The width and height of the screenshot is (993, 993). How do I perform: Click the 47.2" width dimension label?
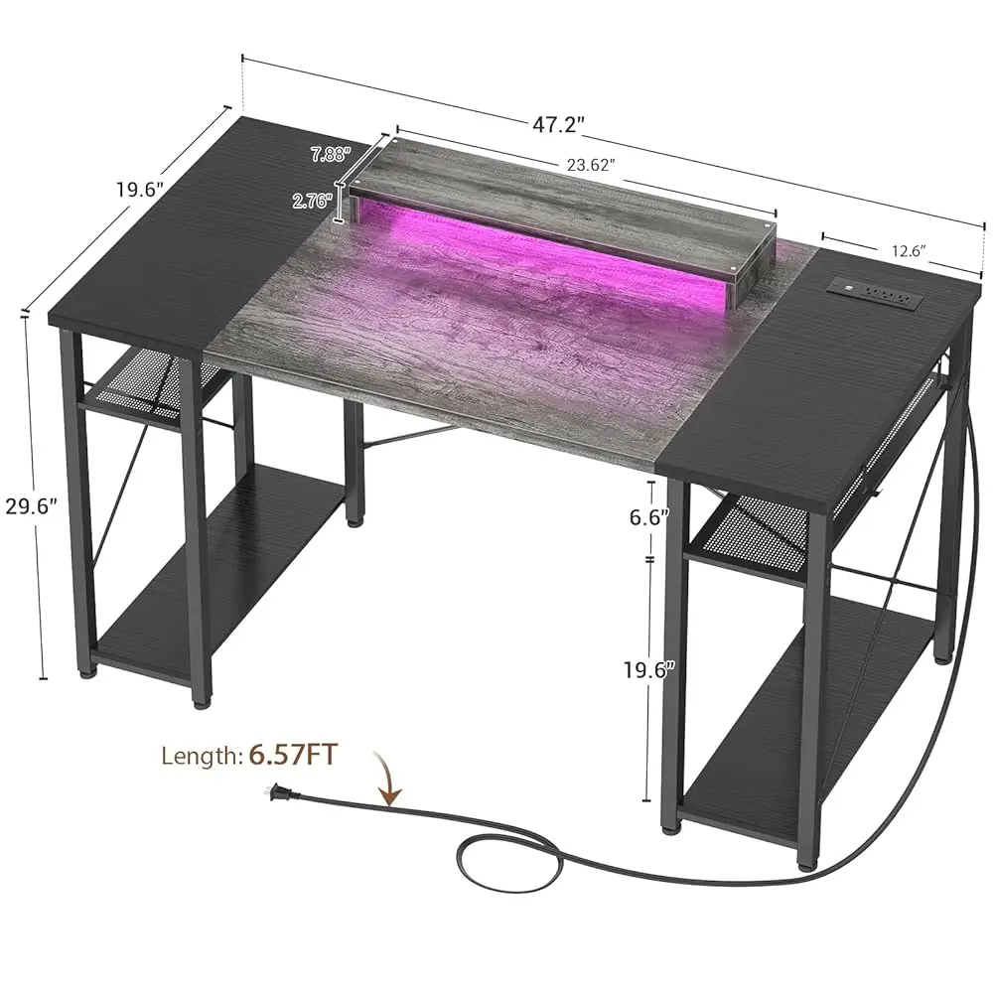tap(559, 125)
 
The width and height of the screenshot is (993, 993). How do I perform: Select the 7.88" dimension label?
tap(331, 154)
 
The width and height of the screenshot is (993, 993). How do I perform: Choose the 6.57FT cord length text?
tap(293, 756)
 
